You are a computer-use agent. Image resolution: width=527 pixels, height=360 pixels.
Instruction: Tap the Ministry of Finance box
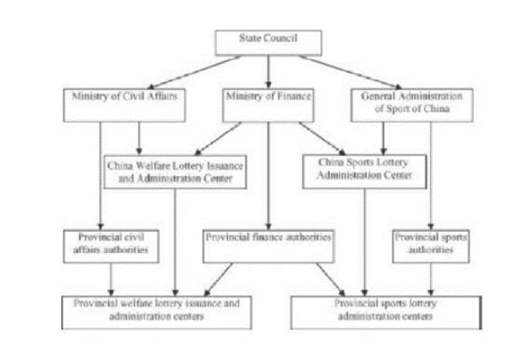pyautogui.click(x=267, y=104)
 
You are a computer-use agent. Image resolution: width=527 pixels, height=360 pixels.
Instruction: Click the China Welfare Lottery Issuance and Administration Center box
pyautogui.click(x=176, y=172)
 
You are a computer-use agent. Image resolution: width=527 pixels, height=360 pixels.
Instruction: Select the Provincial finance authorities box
pyautogui.click(x=267, y=245)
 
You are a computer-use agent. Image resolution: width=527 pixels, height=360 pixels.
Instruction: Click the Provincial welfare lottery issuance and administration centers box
pyautogui.click(x=156, y=311)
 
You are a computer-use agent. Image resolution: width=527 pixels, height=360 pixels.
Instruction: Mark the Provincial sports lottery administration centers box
pyautogui.click(x=386, y=311)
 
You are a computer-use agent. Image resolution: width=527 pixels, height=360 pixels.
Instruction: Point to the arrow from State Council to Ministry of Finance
pyautogui.click(x=268, y=71)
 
